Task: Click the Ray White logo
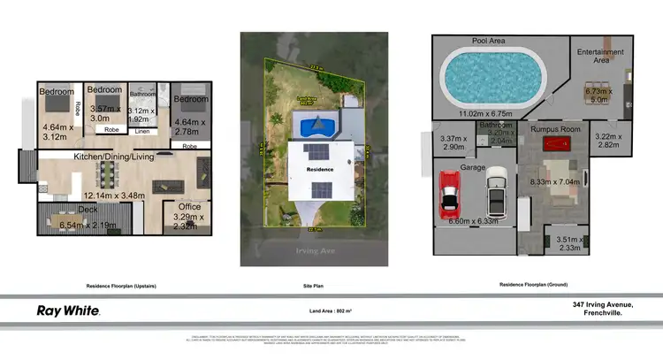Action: (67, 310)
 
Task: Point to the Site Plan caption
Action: (314, 287)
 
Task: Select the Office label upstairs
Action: (190, 206)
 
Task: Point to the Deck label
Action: (88, 210)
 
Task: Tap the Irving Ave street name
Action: (314, 251)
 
